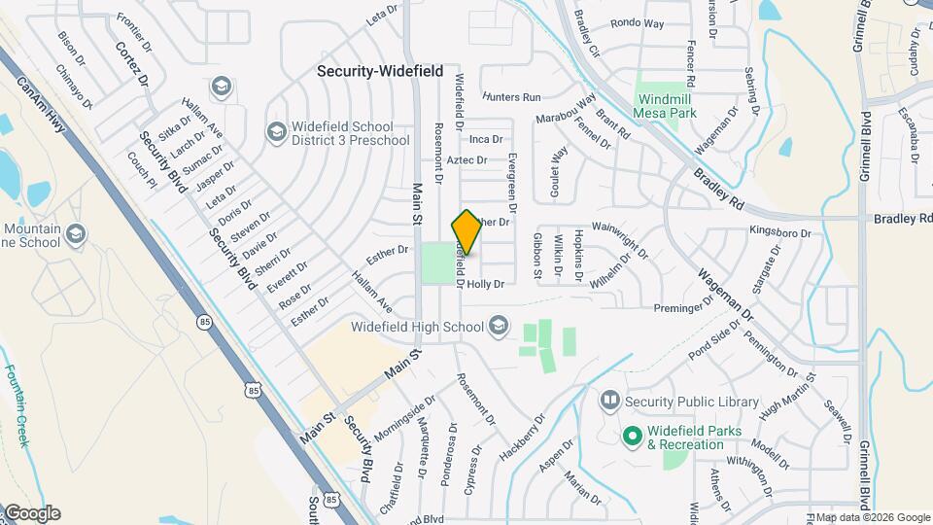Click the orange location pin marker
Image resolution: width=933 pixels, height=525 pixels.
[x=466, y=232]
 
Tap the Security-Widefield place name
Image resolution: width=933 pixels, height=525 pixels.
[x=380, y=71]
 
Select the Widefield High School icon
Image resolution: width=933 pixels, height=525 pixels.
[x=499, y=325]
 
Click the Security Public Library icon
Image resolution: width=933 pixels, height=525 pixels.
[x=609, y=400]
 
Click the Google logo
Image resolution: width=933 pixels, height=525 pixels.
[x=31, y=512]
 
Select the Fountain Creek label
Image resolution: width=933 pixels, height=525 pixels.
[x=17, y=404]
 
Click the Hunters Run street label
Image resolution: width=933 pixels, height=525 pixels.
[x=510, y=97]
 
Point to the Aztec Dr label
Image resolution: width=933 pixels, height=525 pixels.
[x=466, y=159]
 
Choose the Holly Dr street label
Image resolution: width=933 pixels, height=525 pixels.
[x=486, y=284]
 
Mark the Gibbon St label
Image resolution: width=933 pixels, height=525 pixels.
[x=536, y=255]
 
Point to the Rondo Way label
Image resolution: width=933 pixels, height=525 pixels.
[x=638, y=22]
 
